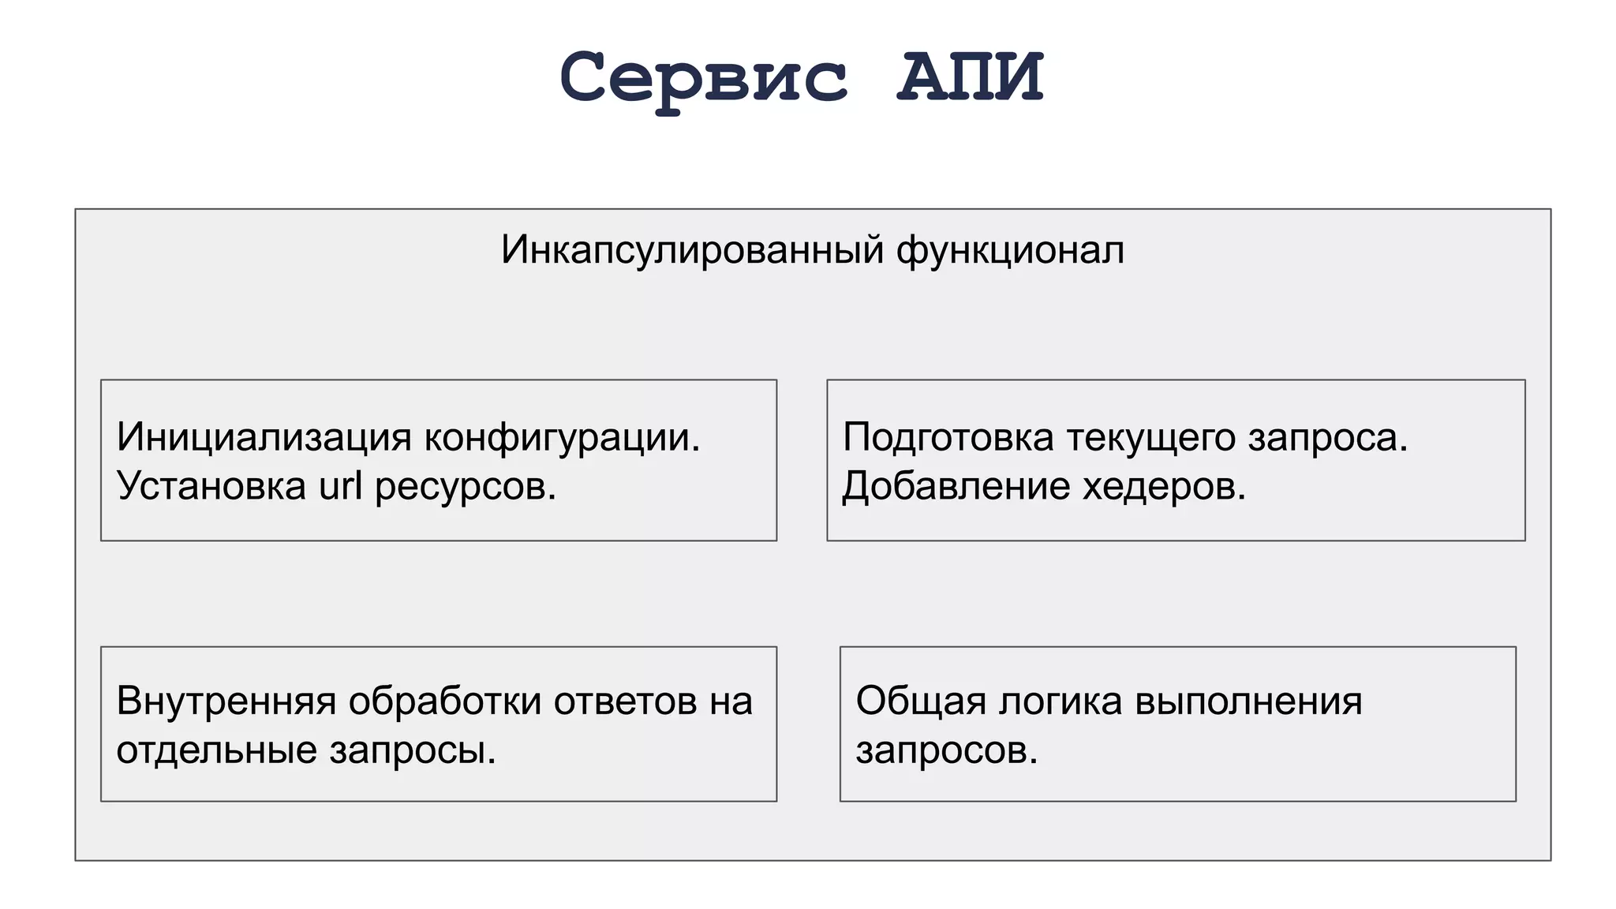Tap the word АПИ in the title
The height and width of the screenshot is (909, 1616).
[970, 77]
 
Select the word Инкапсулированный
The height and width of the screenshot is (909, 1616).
[692, 251]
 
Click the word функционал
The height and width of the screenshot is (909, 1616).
[1010, 251]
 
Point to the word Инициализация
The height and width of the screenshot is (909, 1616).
[264, 437]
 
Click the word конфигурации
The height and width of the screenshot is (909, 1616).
[562, 437]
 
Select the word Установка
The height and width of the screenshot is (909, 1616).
[211, 486]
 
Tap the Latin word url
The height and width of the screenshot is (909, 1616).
[341, 486]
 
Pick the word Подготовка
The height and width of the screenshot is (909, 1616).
[948, 437]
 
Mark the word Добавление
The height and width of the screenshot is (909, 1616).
[956, 486]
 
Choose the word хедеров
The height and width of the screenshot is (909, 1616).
[1164, 486]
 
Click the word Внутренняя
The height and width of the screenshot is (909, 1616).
[226, 701]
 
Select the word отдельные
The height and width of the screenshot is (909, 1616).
[216, 750]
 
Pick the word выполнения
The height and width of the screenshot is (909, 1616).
[1248, 701]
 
